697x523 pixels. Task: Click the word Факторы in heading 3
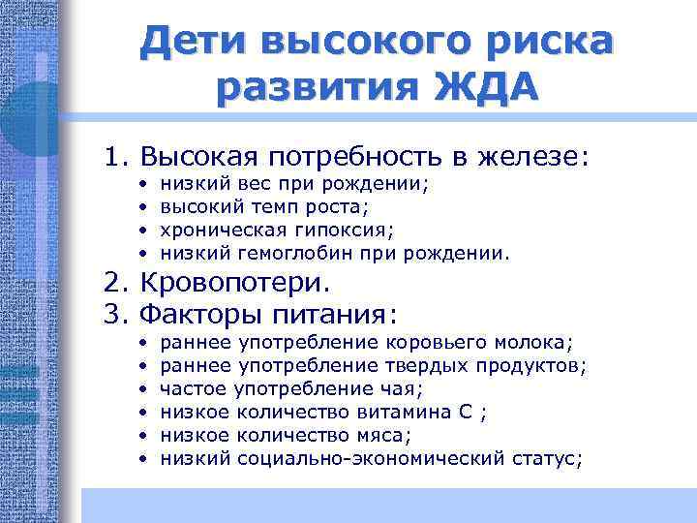click(x=197, y=315)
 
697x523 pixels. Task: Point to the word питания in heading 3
click(x=330, y=315)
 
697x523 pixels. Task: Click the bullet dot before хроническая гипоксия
click(x=142, y=230)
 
